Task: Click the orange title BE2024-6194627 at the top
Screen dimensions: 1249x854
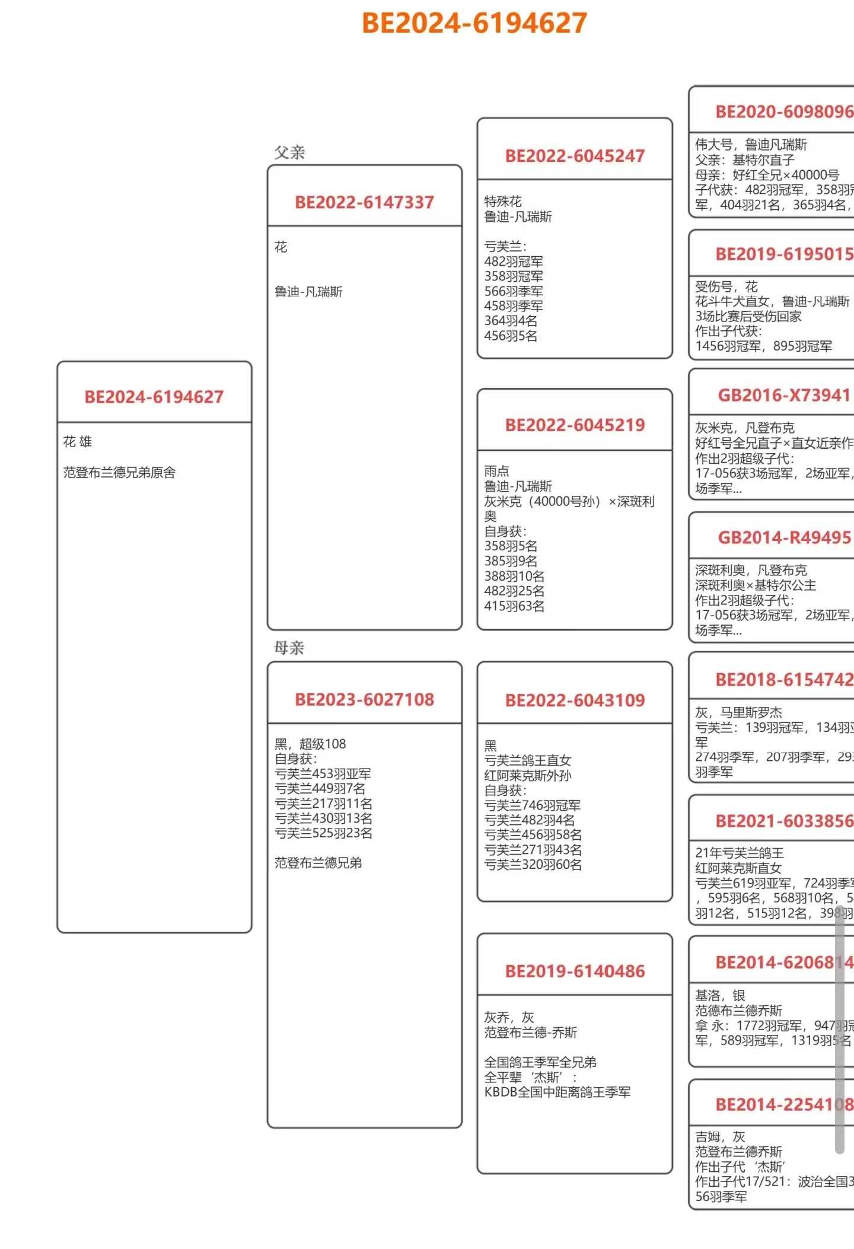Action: pos(474,24)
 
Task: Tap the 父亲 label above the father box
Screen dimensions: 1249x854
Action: pos(289,152)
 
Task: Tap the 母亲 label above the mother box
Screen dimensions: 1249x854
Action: pos(289,648)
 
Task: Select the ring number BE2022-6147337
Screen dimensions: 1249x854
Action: pos(364,202)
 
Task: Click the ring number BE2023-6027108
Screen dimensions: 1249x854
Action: pos(364,700)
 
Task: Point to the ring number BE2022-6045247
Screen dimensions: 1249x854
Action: pos(575,156)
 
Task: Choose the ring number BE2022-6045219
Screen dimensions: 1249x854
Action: pos(575,425)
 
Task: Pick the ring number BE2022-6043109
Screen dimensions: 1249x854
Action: pos(575,700)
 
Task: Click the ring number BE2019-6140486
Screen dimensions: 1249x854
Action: pos(575,971)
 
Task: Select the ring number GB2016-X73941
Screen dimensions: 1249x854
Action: pos(784,396)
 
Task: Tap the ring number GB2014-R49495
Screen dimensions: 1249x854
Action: pos(784,538)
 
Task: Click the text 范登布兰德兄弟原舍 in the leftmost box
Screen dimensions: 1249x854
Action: pos(119,473)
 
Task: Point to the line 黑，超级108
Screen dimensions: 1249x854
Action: pos(310,744)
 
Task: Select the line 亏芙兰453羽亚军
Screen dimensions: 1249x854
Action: pos(323,774)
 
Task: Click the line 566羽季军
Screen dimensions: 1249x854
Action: pos(514,291)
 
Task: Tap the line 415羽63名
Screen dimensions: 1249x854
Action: pos(514,606)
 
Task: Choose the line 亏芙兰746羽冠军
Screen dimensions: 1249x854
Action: pos(533,805)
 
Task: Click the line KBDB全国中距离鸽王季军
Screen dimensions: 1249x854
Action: pos(557,1092)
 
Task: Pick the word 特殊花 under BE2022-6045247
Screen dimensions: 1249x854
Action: pos(503,202)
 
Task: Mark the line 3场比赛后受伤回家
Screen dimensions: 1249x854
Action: pos(748,316)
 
